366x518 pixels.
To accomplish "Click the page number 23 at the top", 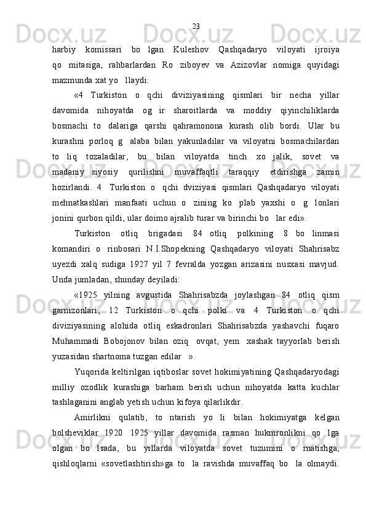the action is pyautogui.click(x=196, y=26).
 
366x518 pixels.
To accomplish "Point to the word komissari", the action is pyautogui.click(x=103, y=49).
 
